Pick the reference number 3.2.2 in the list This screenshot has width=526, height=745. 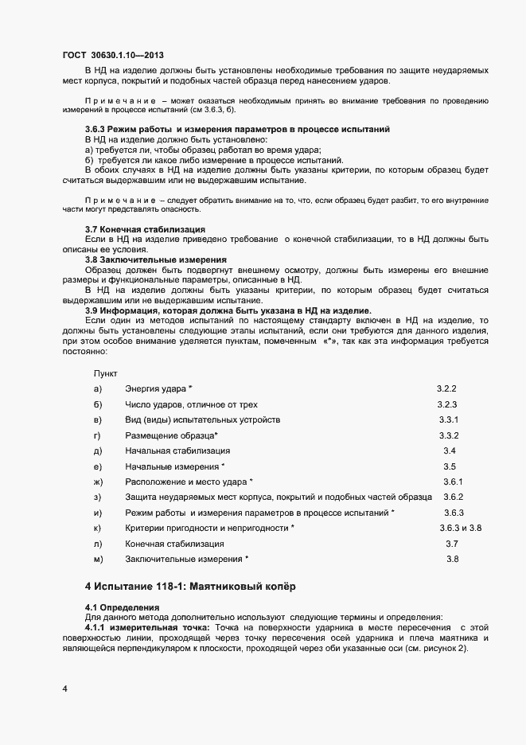coord(446,388)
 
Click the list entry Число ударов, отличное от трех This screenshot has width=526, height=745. coord(191,404)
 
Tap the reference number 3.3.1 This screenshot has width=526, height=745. coord(450,419)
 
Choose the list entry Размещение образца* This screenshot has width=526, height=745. coord(171,435)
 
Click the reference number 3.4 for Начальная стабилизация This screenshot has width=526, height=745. coord(449,451)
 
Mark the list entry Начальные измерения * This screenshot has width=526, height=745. coord(175,466)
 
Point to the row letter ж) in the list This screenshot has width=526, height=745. coord(99,482)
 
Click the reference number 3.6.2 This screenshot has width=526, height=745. coord(453,497)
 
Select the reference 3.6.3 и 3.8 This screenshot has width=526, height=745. coord(461,529)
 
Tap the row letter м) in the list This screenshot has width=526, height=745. coord(99,560)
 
